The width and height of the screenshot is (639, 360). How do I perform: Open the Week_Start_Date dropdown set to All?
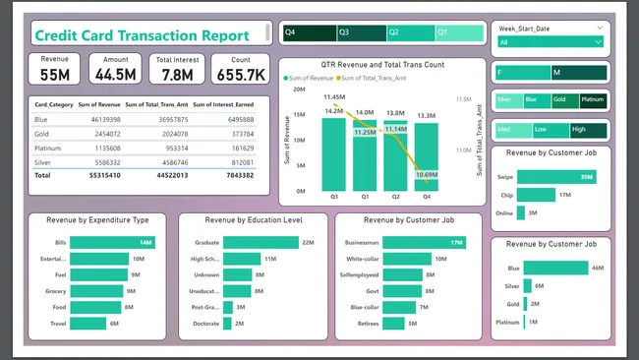(x=552, y=42)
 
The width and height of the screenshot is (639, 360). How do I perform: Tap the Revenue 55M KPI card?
(x=55, y=68)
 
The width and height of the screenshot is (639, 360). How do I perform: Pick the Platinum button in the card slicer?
(x=594, y=99)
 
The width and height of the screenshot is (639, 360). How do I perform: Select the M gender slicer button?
(x=579, y=72)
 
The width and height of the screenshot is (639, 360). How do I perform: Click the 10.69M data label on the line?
(x=426, y=174)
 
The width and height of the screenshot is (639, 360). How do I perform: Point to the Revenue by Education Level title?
(x=254, y=220)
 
